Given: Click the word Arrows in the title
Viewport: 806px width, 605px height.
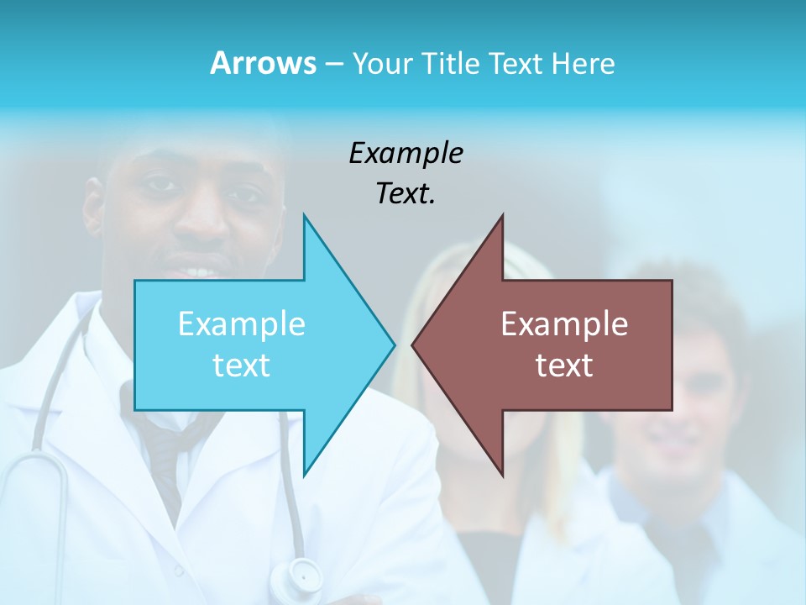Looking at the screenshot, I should [x=263, y=63].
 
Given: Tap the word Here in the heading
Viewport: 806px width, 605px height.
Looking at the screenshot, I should [x=583, y=64].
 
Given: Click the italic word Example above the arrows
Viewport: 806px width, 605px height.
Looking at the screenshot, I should [x=406, y=153].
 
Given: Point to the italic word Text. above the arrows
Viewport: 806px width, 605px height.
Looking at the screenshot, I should [x=406, y=194].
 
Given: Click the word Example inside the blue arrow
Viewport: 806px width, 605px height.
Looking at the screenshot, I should [x=242, y=324].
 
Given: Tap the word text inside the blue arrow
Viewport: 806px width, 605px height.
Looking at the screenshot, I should [x=242, y=366].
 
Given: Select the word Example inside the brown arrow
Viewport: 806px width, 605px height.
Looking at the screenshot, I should [x=564, y=324].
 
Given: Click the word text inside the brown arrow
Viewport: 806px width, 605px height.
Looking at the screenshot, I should [x=564, y=366].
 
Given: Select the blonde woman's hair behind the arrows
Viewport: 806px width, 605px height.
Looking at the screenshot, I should [x=445, y=277].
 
